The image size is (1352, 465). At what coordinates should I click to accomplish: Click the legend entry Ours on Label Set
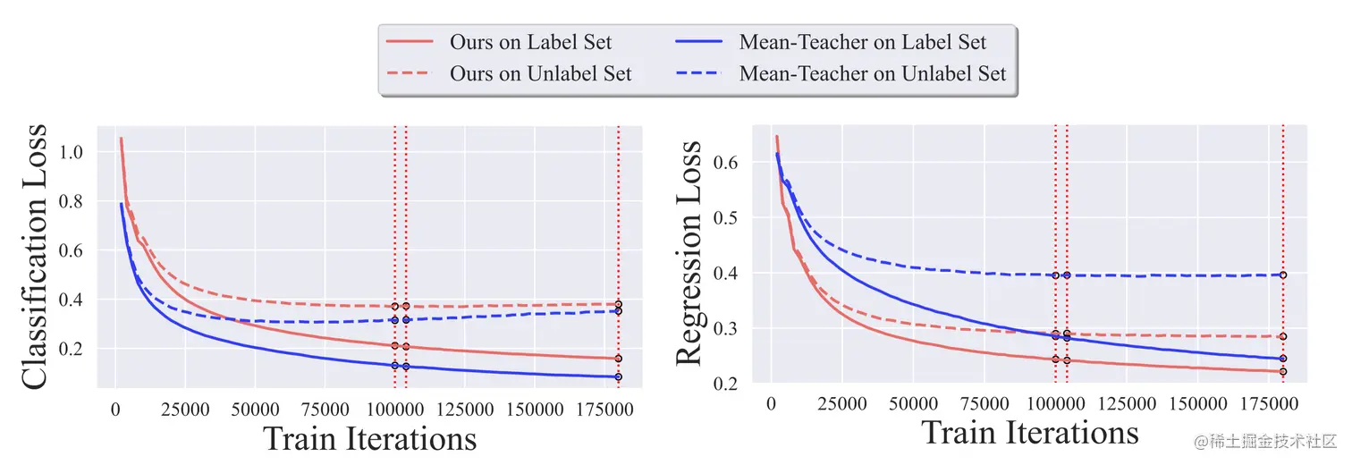(x=530, y=42)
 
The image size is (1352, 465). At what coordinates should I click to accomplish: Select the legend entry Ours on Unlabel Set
(x=540, y=73)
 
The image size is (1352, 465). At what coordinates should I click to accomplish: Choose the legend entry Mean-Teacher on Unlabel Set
(x=872, y=73)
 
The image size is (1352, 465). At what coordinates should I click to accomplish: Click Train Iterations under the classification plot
(x=369, y=439)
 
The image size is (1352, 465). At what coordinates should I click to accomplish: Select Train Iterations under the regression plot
(x=1030, y=433)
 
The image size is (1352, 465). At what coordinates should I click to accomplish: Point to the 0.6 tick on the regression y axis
(x=727, y=163)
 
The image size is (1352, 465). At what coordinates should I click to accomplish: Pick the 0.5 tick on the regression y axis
(x=727, y=218)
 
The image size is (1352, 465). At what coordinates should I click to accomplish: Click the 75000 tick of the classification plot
(x=325, y=410)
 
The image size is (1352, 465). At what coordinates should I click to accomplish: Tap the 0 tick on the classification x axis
(x=115, y=410)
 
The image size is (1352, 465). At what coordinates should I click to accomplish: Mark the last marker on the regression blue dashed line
(x=1283, y=275)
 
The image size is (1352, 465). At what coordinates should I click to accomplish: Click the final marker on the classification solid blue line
(x=618, y=376)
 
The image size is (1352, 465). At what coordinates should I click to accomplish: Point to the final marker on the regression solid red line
(x=1283, y=371)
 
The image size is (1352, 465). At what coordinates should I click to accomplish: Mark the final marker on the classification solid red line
(x=618, y=359)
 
